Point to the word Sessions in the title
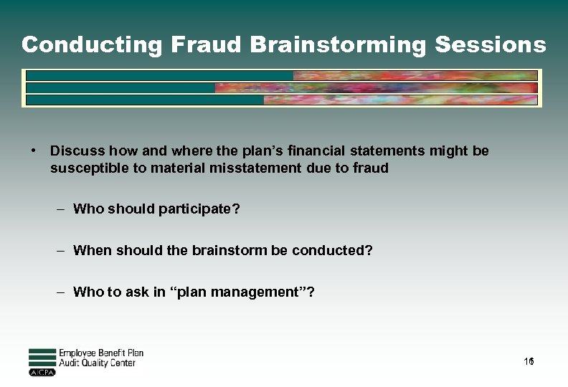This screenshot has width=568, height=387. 491,44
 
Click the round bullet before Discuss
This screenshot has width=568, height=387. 33,150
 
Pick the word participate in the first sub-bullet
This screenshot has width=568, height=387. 198,209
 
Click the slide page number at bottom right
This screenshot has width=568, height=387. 529,363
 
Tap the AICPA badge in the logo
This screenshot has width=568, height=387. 42,373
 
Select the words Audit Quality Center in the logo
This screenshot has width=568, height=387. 97,363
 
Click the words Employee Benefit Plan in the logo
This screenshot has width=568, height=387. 101,353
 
